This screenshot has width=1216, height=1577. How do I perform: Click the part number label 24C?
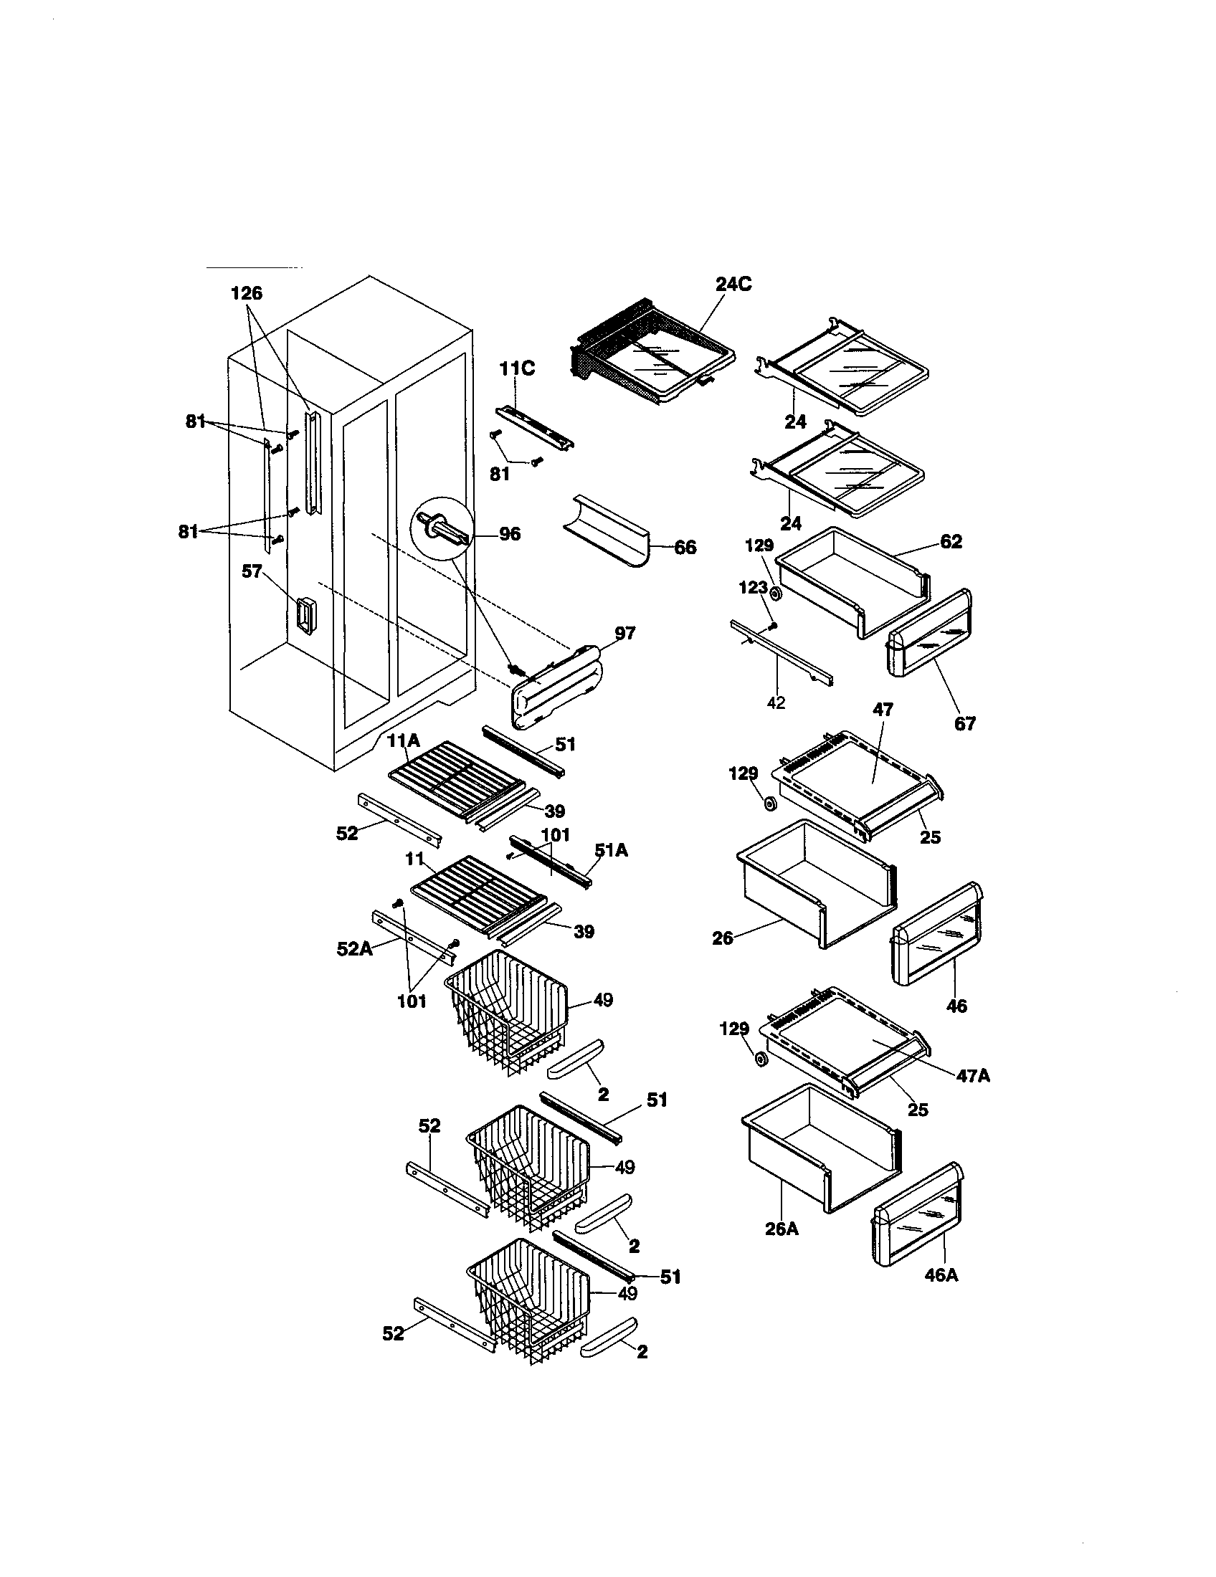point(733,284)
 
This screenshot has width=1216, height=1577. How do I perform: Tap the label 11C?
point(517,369)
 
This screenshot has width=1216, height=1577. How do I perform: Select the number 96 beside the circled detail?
point(509,534)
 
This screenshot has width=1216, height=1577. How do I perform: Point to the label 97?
point(624,633)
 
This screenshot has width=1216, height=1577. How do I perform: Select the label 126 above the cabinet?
point(246,293)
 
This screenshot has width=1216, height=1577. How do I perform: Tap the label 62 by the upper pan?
point(951,540)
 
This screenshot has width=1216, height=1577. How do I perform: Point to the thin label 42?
point(776,702)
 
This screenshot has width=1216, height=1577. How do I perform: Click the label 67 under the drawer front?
point(965,723)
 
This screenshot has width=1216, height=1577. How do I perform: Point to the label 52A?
point(354,949)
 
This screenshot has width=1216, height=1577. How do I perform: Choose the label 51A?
point(611,851)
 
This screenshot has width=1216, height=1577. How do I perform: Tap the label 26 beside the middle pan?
point(722,938)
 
